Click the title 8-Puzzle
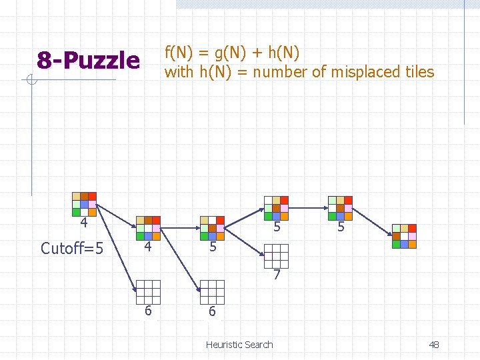coord(88,61)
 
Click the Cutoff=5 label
coord(72,249)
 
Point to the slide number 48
coord(434,345)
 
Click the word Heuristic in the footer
coord(225,345)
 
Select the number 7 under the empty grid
coord(276,275)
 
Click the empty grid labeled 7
coord(276,256)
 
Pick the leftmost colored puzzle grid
coord(84,204)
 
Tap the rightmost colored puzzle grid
coord(404,236)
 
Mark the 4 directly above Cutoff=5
coord(83,223)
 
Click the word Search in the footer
coord(259,345)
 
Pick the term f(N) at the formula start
coord(179,53)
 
